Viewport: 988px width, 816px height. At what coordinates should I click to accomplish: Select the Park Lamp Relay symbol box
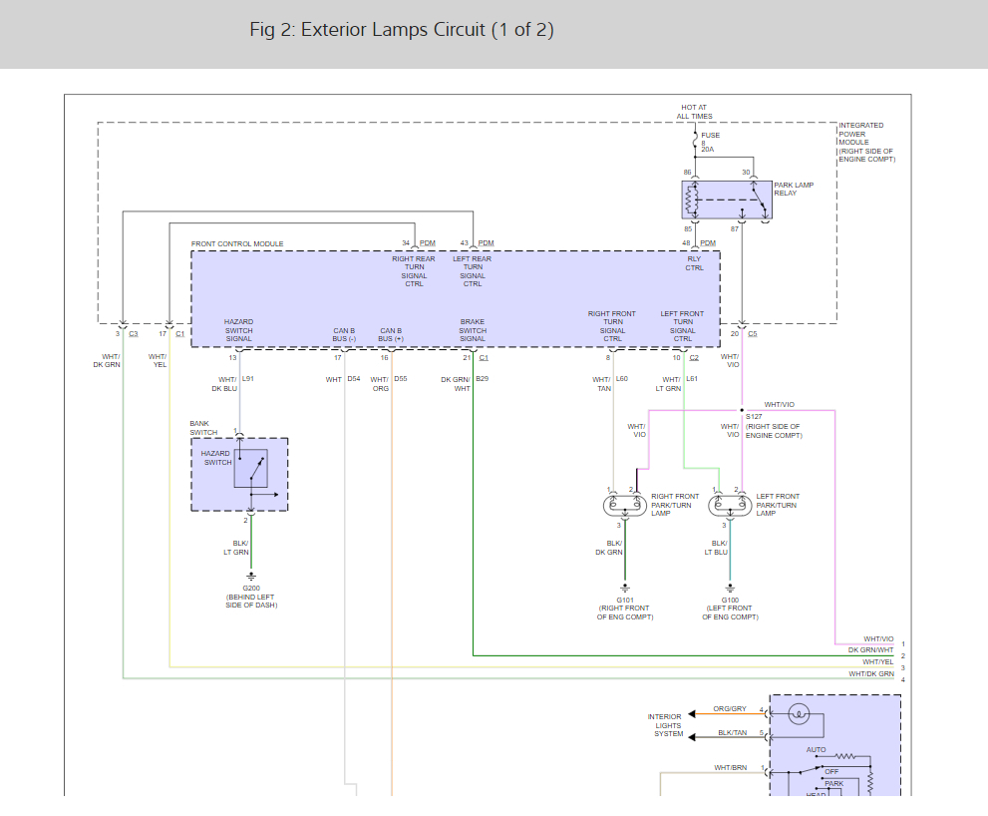pos(727,200)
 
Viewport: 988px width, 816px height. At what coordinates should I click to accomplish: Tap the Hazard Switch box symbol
pos(250,468)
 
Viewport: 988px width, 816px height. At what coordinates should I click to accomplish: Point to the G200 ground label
pos(250,589)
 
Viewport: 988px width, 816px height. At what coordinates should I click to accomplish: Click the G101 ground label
pos(625,600)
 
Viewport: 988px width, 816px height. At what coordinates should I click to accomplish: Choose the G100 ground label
pos(730,600)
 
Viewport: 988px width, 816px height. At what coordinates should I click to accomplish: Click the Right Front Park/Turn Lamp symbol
pos(625,506)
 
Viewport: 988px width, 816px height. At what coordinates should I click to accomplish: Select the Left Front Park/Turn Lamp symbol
pos(730,506)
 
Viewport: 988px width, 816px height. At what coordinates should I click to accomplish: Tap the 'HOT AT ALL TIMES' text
pos(695,112)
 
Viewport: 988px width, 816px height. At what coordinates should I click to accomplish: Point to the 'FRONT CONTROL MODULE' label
pos(237,244)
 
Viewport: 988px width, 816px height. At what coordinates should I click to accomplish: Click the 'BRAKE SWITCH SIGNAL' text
pos(473,330)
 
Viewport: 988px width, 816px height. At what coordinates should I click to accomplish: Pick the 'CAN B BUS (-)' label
pos(344,334)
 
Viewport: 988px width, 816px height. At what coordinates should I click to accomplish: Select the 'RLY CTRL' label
pos(694,263)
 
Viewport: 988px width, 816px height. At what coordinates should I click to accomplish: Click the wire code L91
pos(248,379)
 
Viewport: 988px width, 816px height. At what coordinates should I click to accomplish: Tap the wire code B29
pos(482,379)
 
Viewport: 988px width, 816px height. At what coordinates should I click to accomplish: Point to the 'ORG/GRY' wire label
pos(730,709)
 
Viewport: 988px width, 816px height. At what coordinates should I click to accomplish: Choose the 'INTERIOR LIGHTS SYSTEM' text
pos(665,725)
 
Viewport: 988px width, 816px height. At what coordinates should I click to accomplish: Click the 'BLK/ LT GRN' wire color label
pos(236,548)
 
